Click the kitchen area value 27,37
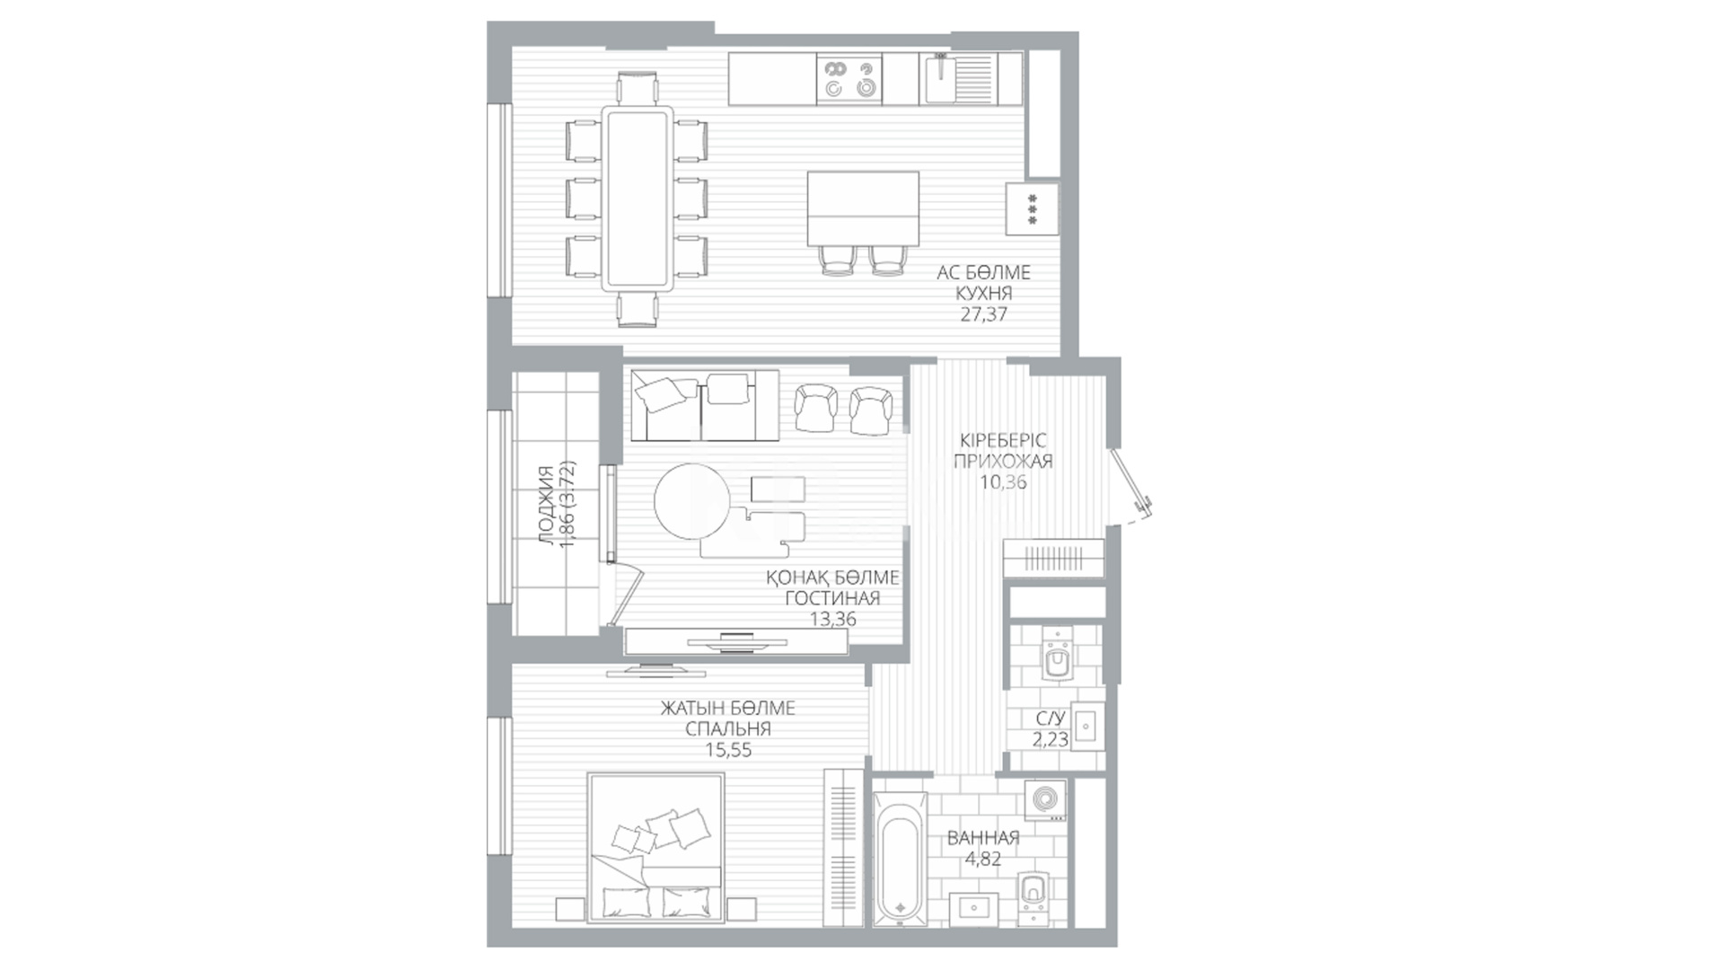[x=983, y=314]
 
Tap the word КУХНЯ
[x=984, y=293]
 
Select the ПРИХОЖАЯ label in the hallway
[x=1003, y=462]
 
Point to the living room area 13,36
[x=832, y=619]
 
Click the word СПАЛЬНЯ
[x=728, y=729]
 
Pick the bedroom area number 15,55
[x=728, y=750]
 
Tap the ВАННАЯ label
[x=983, y=838]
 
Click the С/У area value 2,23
[x=1050, y=739]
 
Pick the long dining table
[x=638, y=198]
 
